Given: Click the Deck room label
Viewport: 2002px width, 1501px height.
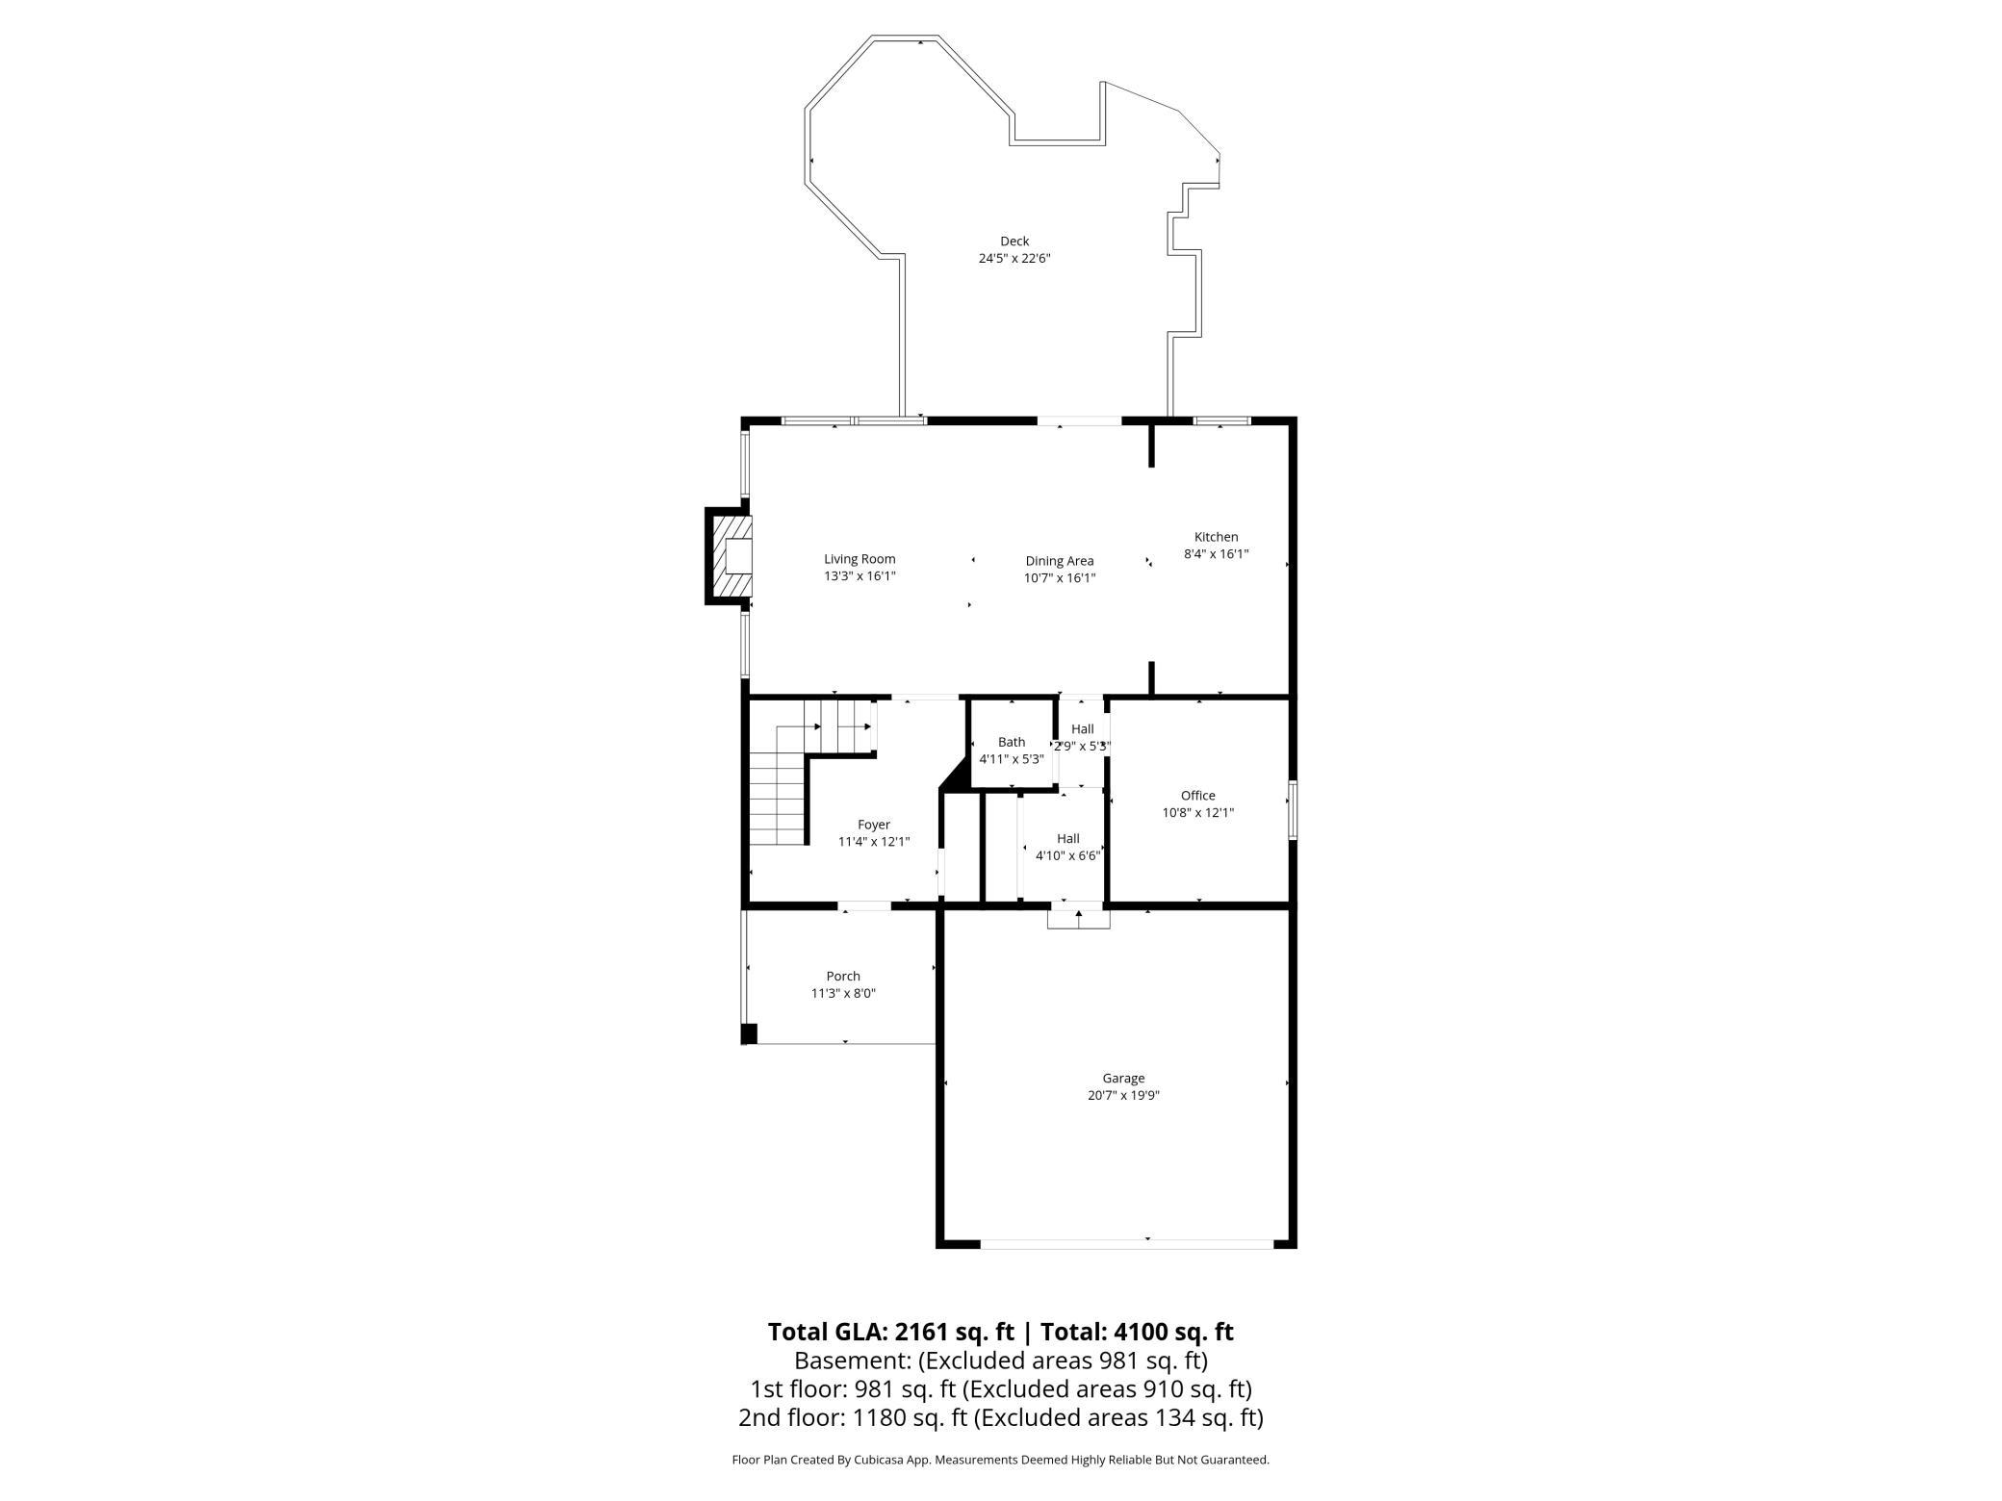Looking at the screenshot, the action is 1014,242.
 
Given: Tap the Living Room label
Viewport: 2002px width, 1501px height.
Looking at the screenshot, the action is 860,559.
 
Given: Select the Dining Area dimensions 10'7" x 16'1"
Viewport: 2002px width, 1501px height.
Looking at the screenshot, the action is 1060,578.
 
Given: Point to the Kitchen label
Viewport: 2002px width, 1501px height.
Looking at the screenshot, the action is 1217,537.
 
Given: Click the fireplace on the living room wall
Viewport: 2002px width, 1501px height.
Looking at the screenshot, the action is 730,556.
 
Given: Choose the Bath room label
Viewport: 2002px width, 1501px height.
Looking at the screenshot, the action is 1012,742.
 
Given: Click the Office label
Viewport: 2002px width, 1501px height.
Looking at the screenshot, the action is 1198,796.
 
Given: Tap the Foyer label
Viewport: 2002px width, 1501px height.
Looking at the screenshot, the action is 874,825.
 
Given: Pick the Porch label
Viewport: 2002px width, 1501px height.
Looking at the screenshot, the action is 843,976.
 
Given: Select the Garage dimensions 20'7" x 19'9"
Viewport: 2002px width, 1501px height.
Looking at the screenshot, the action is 1123,1095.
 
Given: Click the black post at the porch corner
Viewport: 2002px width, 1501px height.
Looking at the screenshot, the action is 749,1034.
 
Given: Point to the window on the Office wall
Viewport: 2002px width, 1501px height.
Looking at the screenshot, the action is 1293,810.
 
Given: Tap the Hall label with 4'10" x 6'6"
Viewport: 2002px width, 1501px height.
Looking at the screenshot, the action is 1068,839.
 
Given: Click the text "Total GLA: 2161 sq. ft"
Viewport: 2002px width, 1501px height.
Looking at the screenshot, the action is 891,1332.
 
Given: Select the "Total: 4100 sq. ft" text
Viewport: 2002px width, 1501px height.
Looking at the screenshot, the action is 1134,1332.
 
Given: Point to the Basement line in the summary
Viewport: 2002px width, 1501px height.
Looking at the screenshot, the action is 1001,1361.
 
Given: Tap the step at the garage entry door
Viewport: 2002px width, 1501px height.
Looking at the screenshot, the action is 1079,918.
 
